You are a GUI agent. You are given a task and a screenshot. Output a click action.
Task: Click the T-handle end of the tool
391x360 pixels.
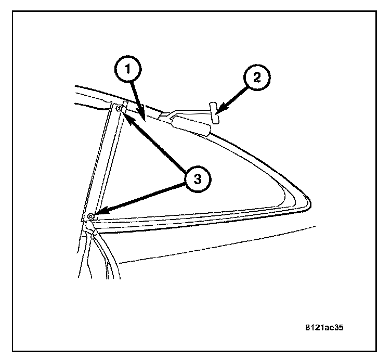click(215, 114)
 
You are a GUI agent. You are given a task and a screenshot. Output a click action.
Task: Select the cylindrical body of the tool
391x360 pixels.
click(192, 125)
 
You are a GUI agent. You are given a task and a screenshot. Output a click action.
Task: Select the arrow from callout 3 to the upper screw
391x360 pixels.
click(156, 144)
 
